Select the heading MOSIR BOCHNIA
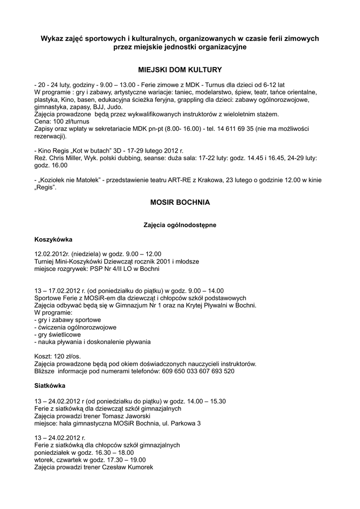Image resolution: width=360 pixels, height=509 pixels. click(x=180, y=203)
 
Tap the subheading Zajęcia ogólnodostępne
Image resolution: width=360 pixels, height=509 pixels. click(x=180, y=225)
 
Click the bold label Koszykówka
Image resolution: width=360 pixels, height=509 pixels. click(x=53, y=240)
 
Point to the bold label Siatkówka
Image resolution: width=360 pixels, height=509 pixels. click(x=49, y=385)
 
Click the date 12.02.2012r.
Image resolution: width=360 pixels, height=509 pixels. click(x=54, y=254)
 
